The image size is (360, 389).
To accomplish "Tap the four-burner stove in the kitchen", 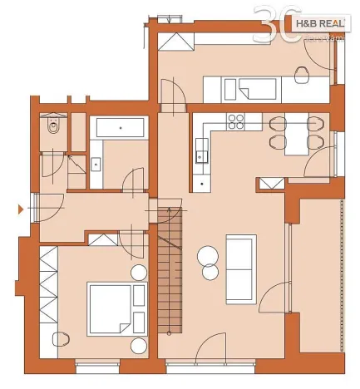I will click(236, 121).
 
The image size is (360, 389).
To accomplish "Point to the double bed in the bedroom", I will click(116, 306).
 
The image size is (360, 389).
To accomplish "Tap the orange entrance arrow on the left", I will click(21, 209).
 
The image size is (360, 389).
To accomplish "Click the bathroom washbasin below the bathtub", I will click(96, 163).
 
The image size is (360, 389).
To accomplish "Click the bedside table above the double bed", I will click(137, 273).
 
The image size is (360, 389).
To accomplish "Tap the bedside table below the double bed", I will click(137, 342).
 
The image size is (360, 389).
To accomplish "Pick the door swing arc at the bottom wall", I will click(212, 347).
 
